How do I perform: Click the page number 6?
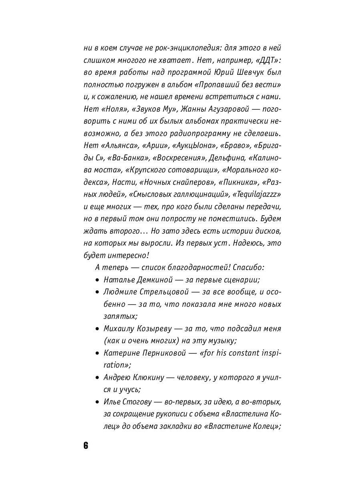click(86, 446)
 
